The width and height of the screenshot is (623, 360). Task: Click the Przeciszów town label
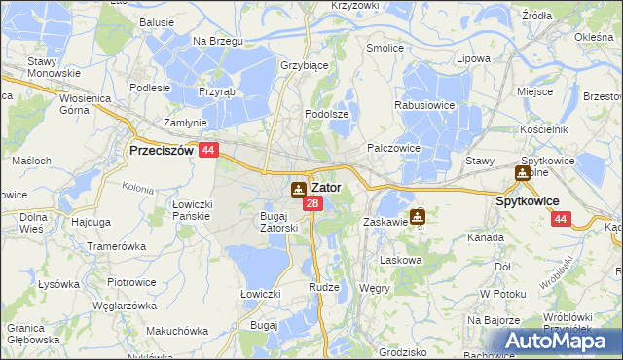162,151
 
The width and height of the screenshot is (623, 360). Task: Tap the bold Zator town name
326,187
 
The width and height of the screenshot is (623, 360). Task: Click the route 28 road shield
311,203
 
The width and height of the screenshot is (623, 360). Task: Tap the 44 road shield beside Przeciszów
208,151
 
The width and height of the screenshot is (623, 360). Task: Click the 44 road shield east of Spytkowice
559,220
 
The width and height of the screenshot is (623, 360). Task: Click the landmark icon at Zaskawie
418,216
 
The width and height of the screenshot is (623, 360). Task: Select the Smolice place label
385,47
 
